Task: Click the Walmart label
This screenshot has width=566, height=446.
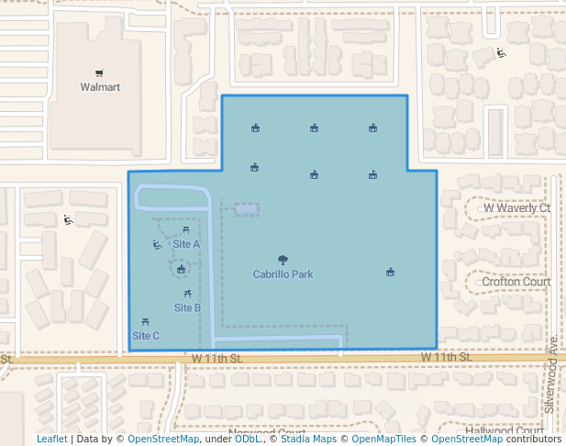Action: (x=100, y=87)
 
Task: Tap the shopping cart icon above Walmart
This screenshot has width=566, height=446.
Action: (x=100, y=73)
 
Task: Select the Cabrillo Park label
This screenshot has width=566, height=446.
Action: (x=283, y=274)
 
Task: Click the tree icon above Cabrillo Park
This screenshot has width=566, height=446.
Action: (x=283, y=261)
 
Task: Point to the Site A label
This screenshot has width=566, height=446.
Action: (x=186, y=244)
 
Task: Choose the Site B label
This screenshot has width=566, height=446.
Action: (x=187, y=307)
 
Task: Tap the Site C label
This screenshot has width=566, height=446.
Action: (x=146, y=336)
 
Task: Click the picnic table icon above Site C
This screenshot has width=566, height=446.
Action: (x=146, y=322)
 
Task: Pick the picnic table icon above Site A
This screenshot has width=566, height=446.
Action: (x=187, y=230)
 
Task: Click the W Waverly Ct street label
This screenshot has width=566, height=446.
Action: (x=516, y=208)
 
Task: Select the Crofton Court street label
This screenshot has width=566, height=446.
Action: (x=516, y=282)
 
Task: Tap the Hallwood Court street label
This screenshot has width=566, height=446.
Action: (x=505, y=430)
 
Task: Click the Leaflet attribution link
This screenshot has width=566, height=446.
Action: (x=51, y=440)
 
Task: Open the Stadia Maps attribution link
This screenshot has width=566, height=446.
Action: (x=308, y=440)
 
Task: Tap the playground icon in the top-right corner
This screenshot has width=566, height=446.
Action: (x=501, y=53)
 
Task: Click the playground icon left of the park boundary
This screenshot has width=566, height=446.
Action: (x=68, y=220)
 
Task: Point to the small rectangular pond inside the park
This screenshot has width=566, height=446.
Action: (x=247, y=210)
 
